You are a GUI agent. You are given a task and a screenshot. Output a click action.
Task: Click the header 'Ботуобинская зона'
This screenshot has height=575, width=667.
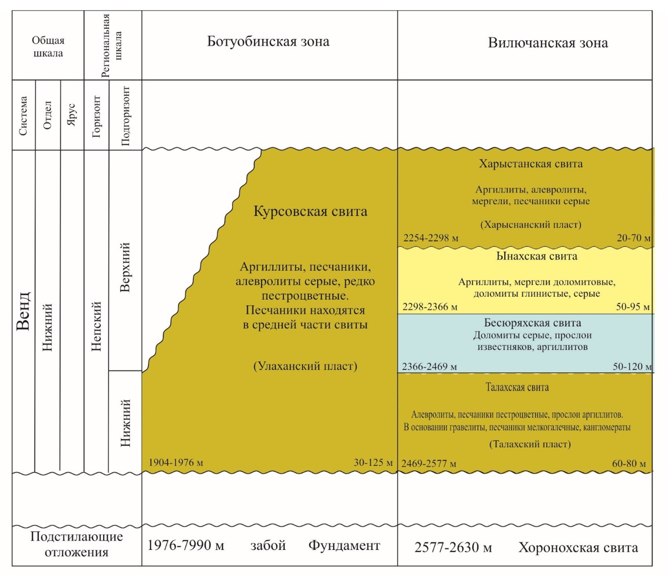click(268, 41)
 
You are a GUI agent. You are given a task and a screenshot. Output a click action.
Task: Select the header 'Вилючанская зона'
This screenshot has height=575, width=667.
click(547, 43)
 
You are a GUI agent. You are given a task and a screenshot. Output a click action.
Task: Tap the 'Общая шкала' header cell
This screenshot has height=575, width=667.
click(48, 47)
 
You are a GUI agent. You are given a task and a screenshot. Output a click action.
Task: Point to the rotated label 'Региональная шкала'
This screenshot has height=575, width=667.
click(112, 45)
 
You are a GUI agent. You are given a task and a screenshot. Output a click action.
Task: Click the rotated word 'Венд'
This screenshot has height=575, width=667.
click(24, 311)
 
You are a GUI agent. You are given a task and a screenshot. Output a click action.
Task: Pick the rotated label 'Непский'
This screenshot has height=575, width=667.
click(96, 326)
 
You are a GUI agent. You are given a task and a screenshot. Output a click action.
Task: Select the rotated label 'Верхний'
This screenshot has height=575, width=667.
click(125, 267)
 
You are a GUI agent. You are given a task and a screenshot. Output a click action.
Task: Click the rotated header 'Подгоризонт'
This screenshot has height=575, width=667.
click(125, 116)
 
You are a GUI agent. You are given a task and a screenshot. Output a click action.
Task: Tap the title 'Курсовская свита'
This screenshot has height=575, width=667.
click(310, 211)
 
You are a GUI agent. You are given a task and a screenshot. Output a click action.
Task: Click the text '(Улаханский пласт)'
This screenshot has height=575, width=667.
click(305, 366)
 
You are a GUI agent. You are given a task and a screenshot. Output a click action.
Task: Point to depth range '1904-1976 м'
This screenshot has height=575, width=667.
click(175, 462)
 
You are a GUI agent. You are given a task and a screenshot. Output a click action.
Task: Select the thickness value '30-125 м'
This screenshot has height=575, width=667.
click(373, 462)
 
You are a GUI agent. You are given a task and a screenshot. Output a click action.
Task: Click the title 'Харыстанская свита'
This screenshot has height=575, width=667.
click(531, 164)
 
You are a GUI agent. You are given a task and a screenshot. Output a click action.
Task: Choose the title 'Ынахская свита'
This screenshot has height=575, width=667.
click(537, 256)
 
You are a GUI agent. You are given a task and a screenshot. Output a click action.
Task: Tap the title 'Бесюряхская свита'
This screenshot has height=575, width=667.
click(532, 323)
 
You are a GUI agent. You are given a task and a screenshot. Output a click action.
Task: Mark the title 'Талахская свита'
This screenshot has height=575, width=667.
click(517, 387)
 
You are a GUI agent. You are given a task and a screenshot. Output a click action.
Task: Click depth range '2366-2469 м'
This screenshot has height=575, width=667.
click(429, 366)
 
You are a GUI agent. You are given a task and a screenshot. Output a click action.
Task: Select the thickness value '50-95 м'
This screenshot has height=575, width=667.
click(633, 307)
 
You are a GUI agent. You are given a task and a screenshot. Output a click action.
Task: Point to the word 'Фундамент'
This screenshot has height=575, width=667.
click(344, 545)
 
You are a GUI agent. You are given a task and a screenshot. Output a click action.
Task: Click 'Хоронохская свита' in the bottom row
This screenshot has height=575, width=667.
click(578, 548)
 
